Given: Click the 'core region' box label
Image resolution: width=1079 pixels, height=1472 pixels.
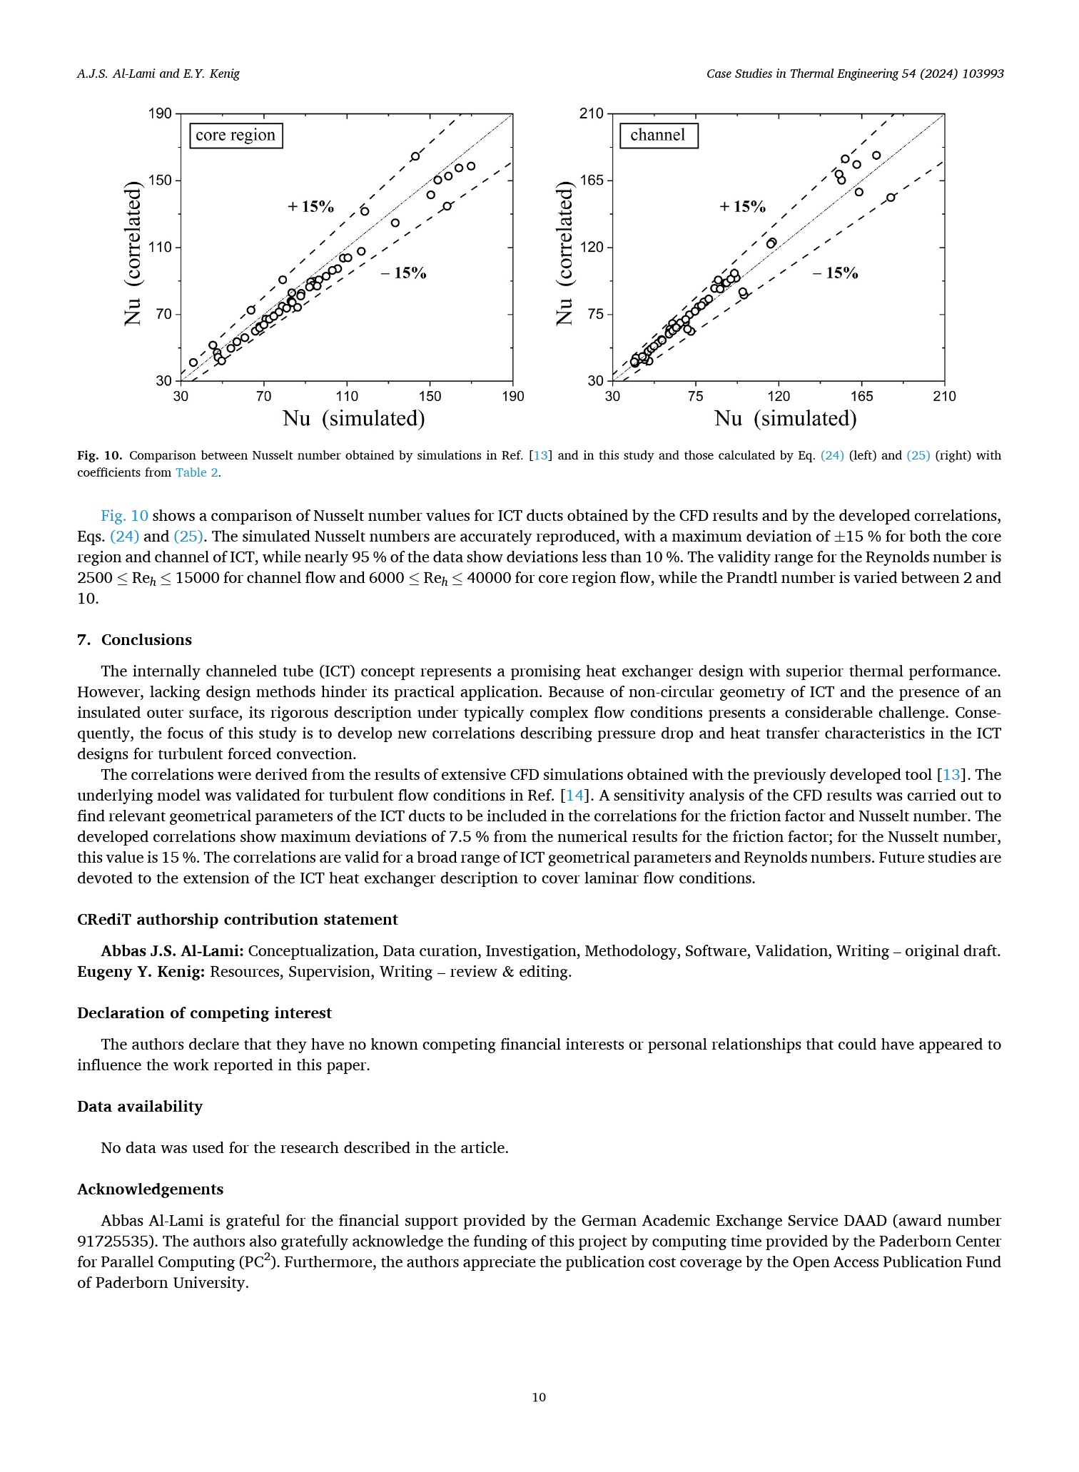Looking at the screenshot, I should click(x=235, y=136).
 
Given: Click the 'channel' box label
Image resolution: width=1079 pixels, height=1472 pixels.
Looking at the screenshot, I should click(x=658, y=136).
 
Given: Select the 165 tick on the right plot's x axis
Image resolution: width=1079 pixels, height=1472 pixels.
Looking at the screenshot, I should click(x=861, y=396).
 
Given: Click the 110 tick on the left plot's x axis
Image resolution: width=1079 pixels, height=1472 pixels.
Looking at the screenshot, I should click(x=347, y=396).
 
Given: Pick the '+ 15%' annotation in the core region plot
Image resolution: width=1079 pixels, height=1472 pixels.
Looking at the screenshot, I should click(x=311, y=207).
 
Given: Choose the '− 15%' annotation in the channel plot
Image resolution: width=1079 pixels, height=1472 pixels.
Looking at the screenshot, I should click(x=836, y=273).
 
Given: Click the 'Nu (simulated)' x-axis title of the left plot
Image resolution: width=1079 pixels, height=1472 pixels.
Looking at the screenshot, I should click(x=354, y=419).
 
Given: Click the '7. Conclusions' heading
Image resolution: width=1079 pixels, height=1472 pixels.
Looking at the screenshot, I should click(x=134, y=640).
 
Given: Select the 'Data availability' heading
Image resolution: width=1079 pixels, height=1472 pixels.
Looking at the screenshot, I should click(x=140, y=1107).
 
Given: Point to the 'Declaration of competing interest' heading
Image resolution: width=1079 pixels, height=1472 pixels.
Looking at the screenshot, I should click(x=204, y=1013).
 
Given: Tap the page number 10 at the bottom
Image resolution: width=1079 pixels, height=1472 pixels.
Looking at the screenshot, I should click(x=539, y=1397).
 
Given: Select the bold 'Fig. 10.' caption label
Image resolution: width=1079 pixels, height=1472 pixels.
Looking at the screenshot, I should click(x=100, y=455).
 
